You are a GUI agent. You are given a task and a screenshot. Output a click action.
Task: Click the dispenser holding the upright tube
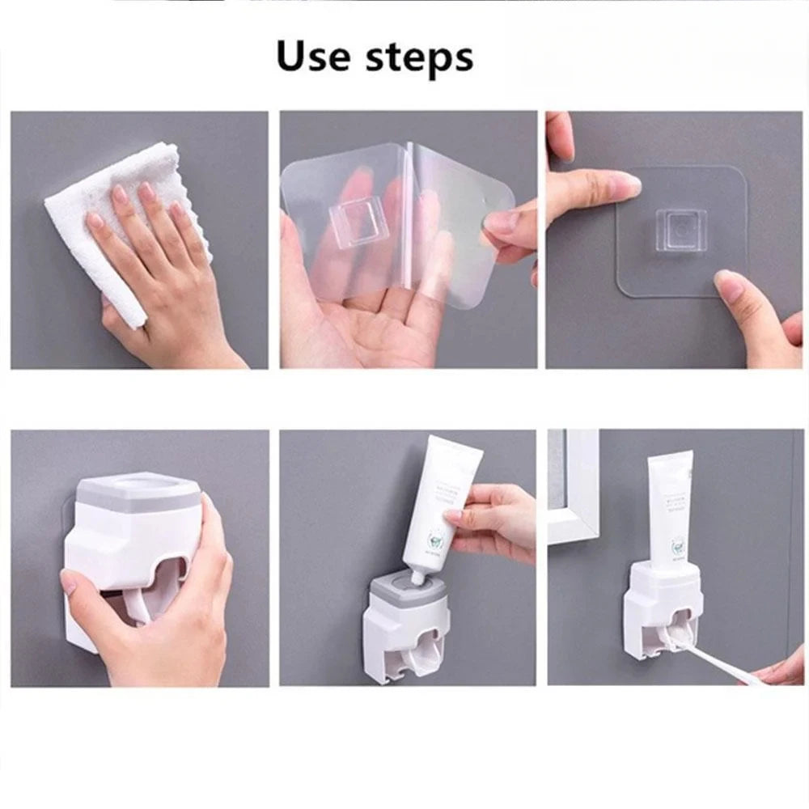[659, 607]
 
